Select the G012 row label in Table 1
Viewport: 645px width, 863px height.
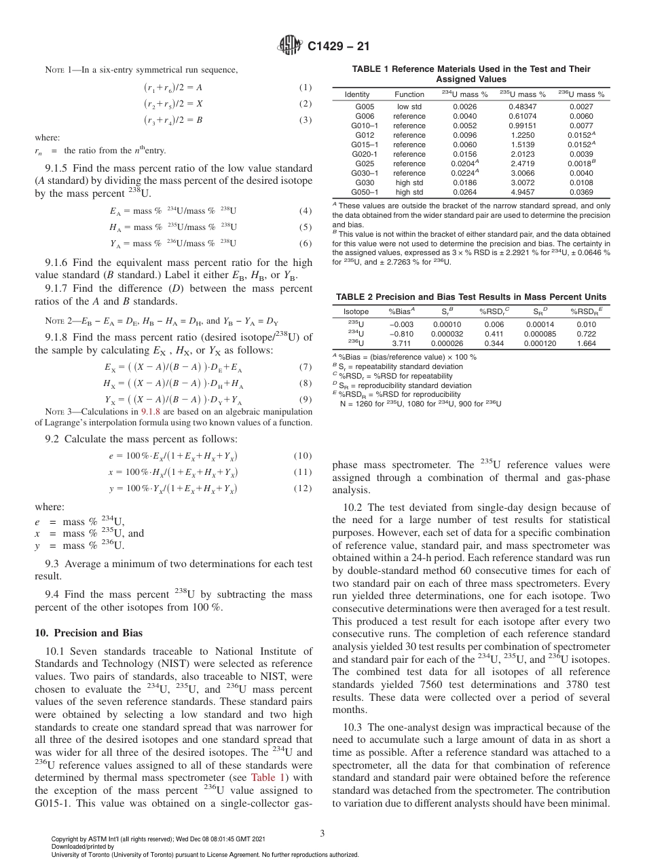pos(365,135)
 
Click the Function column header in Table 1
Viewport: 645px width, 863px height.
pos(409,94)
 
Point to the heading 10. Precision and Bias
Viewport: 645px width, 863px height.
pos(88,634)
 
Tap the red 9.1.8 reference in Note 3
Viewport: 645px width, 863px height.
pos(149,412)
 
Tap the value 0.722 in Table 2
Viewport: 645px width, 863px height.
pos(585,334)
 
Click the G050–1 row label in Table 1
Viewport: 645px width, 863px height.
pos(365,192)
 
